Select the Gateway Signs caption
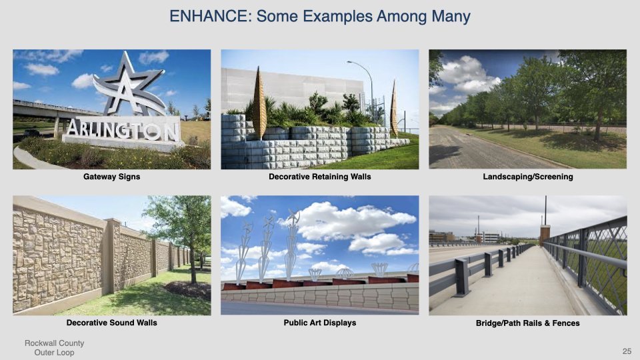point(111,177)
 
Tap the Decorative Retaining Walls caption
point(320,177)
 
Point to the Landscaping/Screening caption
point(527,177)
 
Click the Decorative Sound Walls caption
point(111,323)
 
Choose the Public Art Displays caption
point(320,323)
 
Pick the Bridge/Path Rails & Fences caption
point(527,323)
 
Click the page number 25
point(626,351)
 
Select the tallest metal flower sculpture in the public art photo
point(292,243)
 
